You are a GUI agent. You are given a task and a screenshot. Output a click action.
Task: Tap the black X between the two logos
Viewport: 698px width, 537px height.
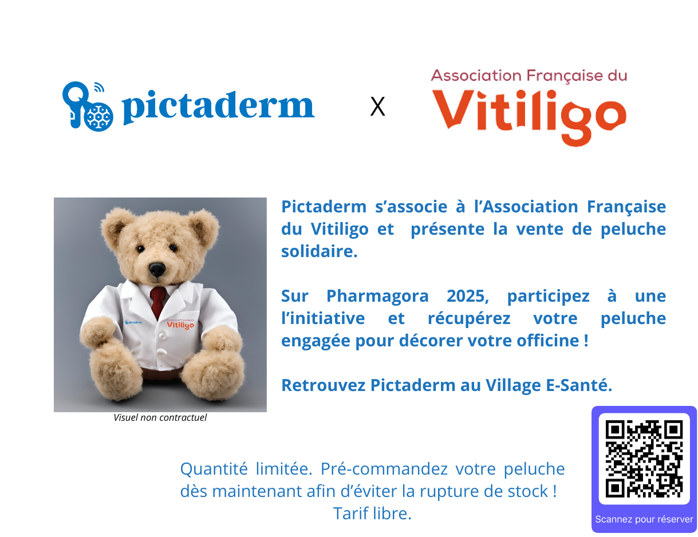tap(377, 106)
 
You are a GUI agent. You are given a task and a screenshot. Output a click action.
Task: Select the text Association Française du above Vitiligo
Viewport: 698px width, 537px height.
tap(529, 76)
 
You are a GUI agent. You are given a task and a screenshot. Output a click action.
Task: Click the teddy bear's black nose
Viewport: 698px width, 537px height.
tap(157, 269)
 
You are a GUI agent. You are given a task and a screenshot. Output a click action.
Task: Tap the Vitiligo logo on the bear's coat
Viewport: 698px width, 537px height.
tap(180, 324)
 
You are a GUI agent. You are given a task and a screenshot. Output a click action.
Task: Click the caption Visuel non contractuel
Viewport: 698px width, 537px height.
tap(160, 417)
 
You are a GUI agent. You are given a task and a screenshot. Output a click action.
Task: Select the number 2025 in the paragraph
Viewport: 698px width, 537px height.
tap(468, 296)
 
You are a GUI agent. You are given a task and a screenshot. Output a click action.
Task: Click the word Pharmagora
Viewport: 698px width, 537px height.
tap(377, 296)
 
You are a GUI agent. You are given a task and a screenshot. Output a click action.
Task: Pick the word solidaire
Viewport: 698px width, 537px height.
tap(320, 251)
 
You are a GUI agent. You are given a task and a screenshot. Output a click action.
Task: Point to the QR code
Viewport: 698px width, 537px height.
tap(644, 459)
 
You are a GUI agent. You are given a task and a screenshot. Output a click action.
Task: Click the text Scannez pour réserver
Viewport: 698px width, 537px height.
tap(644, 519)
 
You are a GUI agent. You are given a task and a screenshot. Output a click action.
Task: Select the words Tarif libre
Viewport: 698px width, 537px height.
tap(372, 513)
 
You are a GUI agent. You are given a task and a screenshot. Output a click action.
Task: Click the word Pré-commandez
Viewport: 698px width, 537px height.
tap(384, 469)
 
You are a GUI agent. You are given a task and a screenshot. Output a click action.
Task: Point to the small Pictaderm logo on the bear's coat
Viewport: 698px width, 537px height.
tap(133, 322)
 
